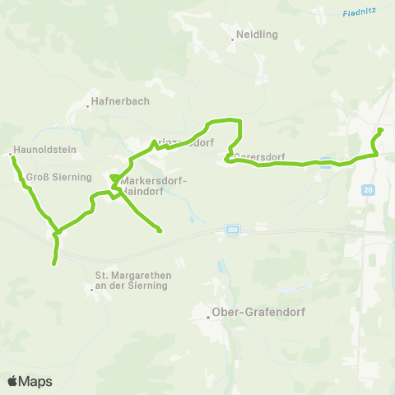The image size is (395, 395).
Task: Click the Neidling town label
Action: tap(258, 35)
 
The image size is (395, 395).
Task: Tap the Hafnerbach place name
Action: tap(119, 105)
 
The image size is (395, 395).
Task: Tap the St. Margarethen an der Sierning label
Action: tap(132, 280)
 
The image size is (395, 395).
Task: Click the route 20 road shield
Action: tap(367, 190)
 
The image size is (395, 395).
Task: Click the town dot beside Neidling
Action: tap(232, 35)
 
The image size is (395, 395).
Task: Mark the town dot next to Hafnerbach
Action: tap(88, 106)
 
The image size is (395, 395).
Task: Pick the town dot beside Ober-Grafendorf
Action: tap(208, 318)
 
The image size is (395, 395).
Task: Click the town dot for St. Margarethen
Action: tap(91, 288)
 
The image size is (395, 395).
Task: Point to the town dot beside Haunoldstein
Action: tap(10, 154)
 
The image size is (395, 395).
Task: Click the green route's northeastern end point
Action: tap(380, 130)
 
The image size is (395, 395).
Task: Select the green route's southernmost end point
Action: tap(54, 263)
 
